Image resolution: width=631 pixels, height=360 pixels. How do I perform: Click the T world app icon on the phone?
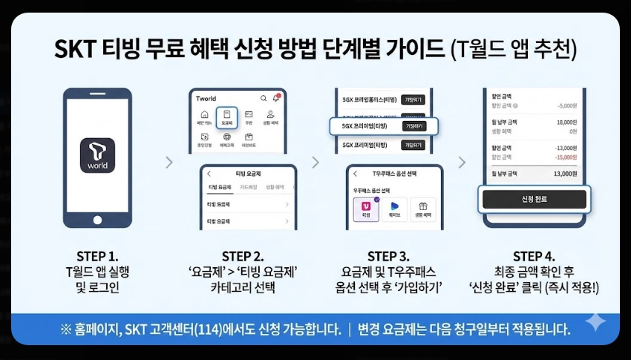(97, 152)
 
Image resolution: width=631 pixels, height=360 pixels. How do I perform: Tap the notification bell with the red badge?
(276, 97)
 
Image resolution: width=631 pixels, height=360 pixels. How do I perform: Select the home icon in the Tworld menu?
(203, 117)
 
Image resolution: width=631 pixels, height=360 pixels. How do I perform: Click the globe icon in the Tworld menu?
(226, 138)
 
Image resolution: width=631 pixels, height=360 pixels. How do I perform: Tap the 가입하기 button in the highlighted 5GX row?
(413, 126)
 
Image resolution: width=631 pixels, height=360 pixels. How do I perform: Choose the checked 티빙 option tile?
(366, 209)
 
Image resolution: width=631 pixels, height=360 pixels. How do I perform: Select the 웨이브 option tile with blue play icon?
(394, 209)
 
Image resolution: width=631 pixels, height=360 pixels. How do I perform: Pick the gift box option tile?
(423, 209)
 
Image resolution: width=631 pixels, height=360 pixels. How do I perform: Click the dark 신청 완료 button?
(534, 200)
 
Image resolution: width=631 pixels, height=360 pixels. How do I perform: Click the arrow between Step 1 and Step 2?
(169, 162)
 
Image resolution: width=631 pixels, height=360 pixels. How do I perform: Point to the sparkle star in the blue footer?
(595, 321)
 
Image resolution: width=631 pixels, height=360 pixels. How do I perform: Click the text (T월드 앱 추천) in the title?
(513, 50)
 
